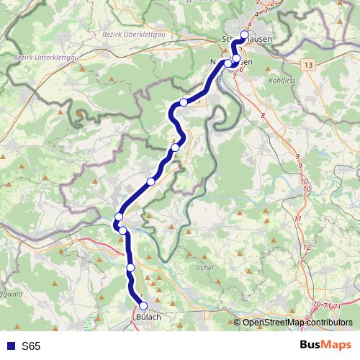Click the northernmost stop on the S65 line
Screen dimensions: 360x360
(244, 35)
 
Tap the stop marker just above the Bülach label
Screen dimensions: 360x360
(143, 306)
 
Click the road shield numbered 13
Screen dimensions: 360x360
(309, 65)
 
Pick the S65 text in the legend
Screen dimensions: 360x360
(31, 346)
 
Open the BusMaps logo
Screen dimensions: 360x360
(325, 346)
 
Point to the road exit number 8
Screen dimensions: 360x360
(264, 115)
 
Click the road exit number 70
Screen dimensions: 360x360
(316, 306)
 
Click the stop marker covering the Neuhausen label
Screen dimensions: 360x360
(228, 64)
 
